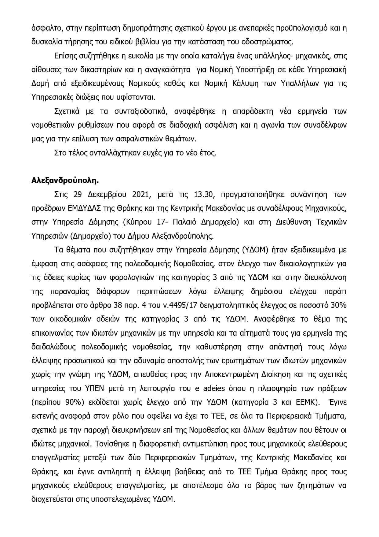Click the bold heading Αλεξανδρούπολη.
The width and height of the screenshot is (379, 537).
point(65,181)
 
